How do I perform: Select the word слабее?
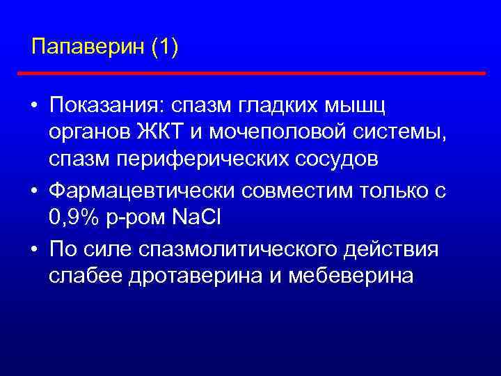point(86,275)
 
